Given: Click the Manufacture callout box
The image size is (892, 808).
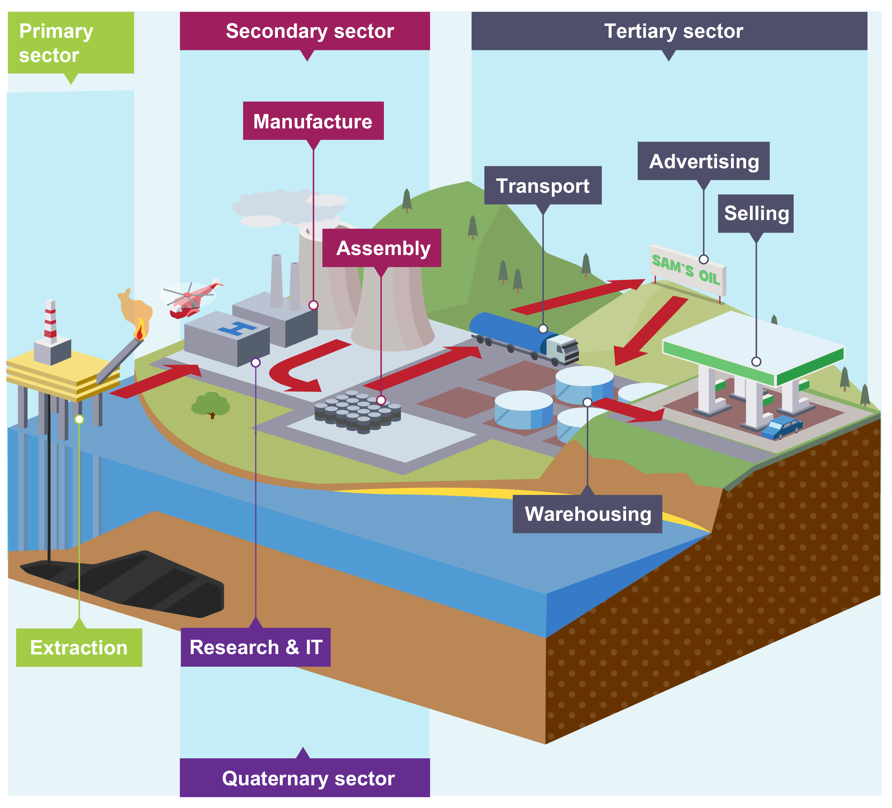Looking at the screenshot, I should (313, 121).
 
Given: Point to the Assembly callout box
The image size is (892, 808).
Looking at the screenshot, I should (381, 248).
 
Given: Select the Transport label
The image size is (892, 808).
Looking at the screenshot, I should (542, 186).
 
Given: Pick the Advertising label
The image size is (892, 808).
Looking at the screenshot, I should (703, 161).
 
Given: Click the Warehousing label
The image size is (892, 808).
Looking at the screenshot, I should (587, 514).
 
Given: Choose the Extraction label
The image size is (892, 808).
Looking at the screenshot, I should (79, 647).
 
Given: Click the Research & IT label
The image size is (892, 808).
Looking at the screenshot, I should (255, 647).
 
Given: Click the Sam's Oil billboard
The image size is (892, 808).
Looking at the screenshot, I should (686, 270).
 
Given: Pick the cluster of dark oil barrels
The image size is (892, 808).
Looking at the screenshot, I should (358, 411).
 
